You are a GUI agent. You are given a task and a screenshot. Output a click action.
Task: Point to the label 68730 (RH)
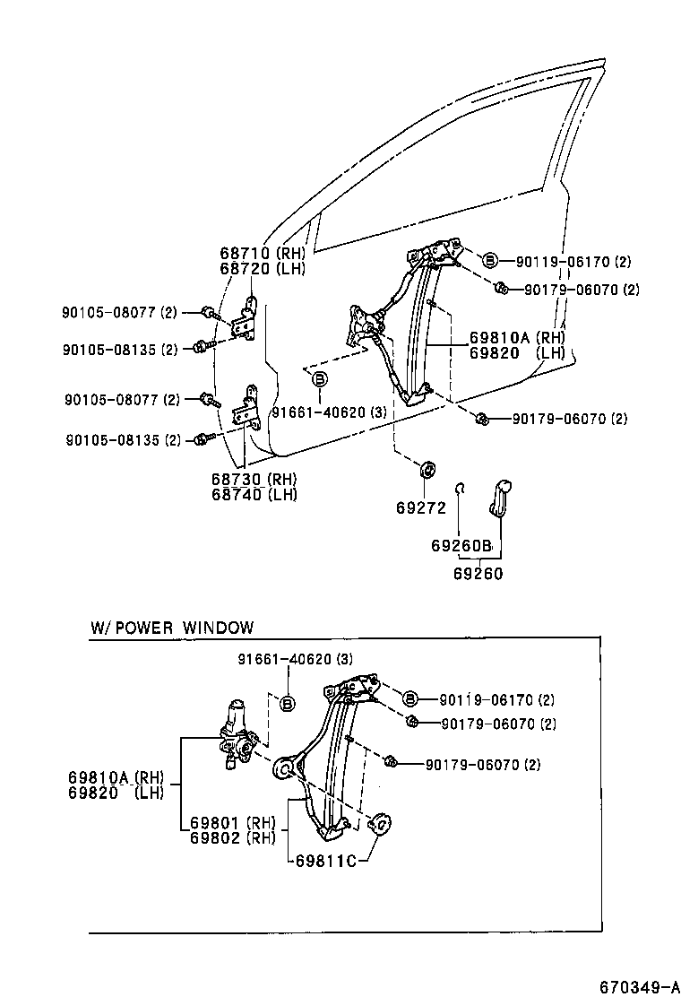(255, 480)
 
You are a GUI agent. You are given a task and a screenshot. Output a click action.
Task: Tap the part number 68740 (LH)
(255, 494)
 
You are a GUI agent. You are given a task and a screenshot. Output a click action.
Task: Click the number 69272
(421, 507)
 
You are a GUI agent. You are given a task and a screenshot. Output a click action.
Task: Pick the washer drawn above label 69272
(427, 469)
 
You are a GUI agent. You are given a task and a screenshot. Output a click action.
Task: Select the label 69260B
(461, 545)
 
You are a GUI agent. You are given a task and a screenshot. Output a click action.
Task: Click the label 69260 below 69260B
(478, 574)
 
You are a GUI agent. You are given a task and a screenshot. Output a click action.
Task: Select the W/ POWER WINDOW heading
(172, 628)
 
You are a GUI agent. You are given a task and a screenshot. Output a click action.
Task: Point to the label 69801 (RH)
(232, 823)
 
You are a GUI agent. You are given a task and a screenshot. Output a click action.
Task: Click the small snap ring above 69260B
(459, 488)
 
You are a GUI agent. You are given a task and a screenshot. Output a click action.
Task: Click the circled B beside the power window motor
(288, 703)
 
